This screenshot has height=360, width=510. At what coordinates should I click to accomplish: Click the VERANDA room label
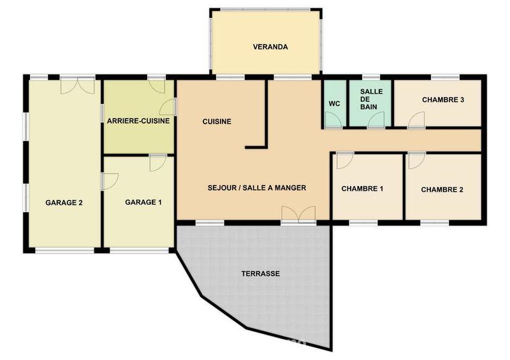point(270,47)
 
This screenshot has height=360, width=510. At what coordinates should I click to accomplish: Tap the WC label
point(334,103)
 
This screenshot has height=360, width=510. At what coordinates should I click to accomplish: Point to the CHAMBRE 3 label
point(443,100)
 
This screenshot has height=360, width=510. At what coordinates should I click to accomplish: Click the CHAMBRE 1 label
point(362,189)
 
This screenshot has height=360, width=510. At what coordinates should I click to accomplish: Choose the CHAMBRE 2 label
point(442,189)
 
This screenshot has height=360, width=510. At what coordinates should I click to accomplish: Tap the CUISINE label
point(217,122)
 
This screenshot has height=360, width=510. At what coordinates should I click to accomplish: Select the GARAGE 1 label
point(143,203)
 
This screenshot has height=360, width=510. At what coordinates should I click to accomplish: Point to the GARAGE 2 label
point(64,203)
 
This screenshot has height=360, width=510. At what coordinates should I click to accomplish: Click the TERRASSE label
point(261,273)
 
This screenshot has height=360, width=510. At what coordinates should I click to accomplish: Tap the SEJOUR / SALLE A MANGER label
point(258,188)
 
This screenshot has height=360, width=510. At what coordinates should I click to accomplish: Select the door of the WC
point(333,120)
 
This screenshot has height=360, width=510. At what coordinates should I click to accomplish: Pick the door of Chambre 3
point(416,119)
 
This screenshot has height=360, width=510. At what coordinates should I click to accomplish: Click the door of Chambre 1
point(343,160)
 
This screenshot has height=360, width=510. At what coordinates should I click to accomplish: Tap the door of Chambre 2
point(416,160)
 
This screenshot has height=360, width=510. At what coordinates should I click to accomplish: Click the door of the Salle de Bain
point(376,120)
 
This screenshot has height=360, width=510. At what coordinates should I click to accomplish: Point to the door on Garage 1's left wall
point(109,181)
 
